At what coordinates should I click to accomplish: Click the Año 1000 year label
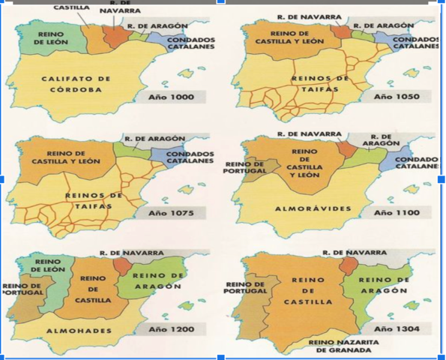(170, 97)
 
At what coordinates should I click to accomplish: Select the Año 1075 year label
(170, 214)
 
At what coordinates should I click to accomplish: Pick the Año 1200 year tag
(170, 328)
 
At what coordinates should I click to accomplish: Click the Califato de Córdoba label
(76, 84)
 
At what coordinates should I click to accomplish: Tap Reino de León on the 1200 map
(48, 266)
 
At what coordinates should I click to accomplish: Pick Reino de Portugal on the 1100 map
(245, 166)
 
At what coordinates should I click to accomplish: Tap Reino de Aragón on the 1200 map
(157, 281)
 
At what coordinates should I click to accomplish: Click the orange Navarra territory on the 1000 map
(116, 36)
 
